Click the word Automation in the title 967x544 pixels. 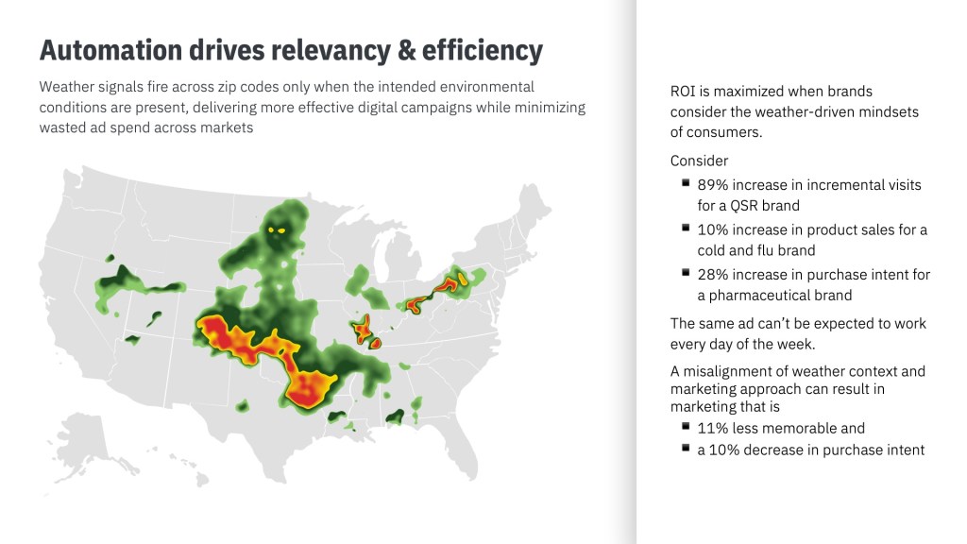pyautogui.click(x=111, y=50)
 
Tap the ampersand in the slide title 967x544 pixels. pyautogui.click(x=406, y=50)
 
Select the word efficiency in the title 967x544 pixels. pyautogui.click(x=483, y=51)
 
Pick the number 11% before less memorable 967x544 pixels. pyautogui.click(x=712, y=428)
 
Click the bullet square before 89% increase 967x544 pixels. pyautogui.click(x=686, y=182)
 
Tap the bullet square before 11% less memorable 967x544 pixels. pyautogui.click(x=686, y=426)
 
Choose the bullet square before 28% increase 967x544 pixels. pyautogui.click(x=686, y=272)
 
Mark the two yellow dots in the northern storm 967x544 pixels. pyautogui.click(x=277, y=230)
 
